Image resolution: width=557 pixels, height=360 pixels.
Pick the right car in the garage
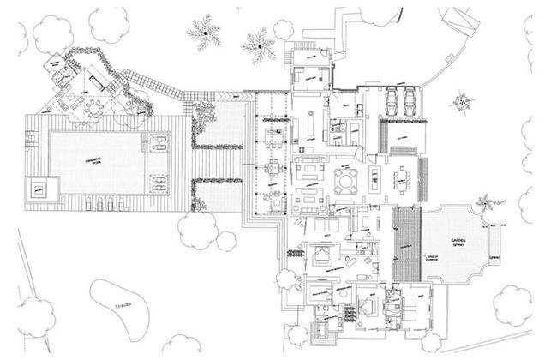click(413, 101)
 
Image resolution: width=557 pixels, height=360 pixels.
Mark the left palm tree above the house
click(204, 33)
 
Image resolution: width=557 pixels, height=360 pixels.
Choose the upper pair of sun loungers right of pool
click(159, 141)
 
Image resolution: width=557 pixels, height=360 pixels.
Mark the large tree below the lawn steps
click(198, 229)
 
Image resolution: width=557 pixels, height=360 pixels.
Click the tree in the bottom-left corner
click(36, 313)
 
